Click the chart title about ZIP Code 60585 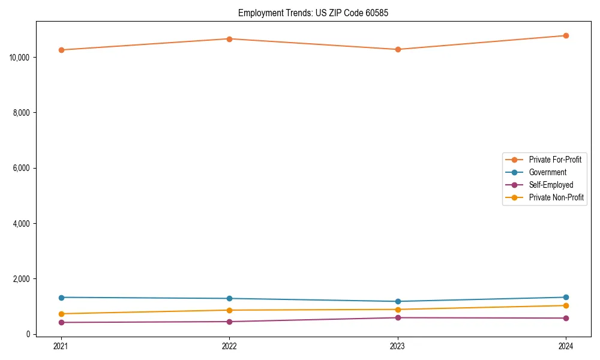313,13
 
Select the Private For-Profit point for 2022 229,39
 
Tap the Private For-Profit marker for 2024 566,35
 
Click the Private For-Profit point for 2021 61,50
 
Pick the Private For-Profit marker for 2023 398,49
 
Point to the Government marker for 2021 61,298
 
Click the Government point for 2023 398,301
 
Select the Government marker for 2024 566,297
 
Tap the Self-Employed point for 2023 398,317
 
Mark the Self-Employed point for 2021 61,322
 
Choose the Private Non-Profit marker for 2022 229,310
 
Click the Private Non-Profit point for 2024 566,305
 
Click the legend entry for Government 547,172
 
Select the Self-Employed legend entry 551,185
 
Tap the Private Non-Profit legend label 556,197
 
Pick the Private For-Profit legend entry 555,160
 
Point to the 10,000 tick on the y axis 20,58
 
